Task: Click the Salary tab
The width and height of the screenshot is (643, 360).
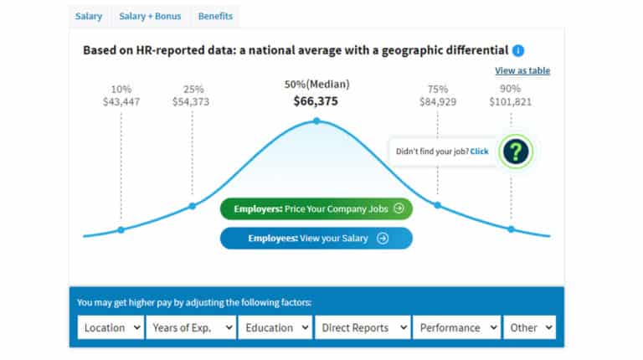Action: pos(88,16)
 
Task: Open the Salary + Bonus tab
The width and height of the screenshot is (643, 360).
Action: pos(149,16)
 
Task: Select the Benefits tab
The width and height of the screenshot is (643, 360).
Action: pos(216,16)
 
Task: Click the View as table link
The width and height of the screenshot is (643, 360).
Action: pos(522,71)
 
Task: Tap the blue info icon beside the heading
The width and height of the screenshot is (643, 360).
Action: pos(518,50)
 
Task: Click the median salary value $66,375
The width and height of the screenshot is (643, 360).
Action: pos(316,101)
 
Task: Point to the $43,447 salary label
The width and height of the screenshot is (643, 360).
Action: pos(121,102)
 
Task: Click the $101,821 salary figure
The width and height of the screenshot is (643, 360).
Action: pos(511,102)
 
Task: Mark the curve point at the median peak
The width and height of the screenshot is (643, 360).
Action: pos(316,121)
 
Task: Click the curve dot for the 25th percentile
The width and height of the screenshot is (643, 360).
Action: pos(192,205)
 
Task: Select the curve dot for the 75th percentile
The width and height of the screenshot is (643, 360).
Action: pos(437,204)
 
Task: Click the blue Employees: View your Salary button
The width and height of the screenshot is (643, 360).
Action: pos(316,238)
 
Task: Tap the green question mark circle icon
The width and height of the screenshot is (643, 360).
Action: pos(517,152)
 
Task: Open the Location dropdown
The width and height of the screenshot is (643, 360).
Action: pos(111,327)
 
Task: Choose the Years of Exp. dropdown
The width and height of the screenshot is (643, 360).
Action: pos(192,327)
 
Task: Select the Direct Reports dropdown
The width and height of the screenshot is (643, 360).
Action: pos(363,327)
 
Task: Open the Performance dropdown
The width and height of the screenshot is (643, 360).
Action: pos(456,327)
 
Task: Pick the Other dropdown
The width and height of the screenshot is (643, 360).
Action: pos(530,327)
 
